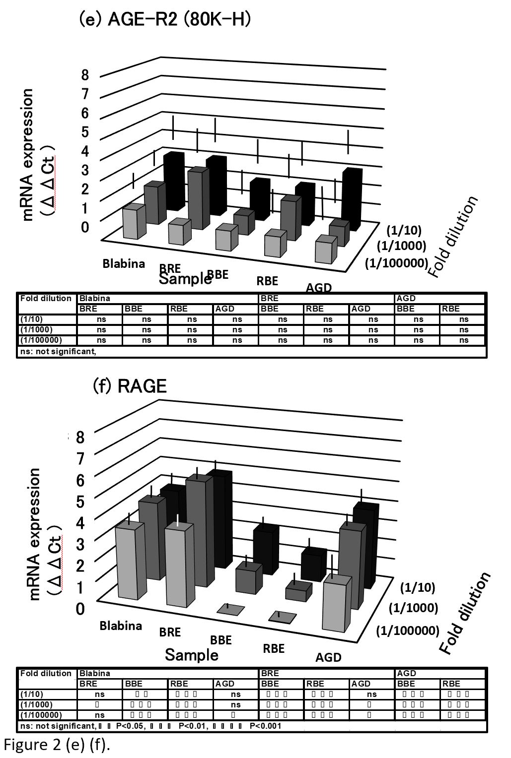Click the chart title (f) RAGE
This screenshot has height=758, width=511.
pos(130,385)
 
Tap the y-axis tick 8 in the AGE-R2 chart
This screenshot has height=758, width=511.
pos(85,75)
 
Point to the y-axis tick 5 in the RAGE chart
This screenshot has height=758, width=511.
pos(80,501)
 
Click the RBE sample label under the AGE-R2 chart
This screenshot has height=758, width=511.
pos(267,281)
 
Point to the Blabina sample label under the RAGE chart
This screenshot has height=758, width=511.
pos(121,626)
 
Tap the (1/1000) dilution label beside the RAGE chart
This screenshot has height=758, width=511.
pos(413,608)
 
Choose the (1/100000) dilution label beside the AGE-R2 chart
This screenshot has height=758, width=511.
pos(396,263)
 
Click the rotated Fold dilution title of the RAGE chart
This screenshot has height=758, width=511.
pos(465,613)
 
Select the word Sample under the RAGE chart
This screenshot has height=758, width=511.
pos(192,655)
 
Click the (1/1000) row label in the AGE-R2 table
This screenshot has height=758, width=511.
pos(36,329)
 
